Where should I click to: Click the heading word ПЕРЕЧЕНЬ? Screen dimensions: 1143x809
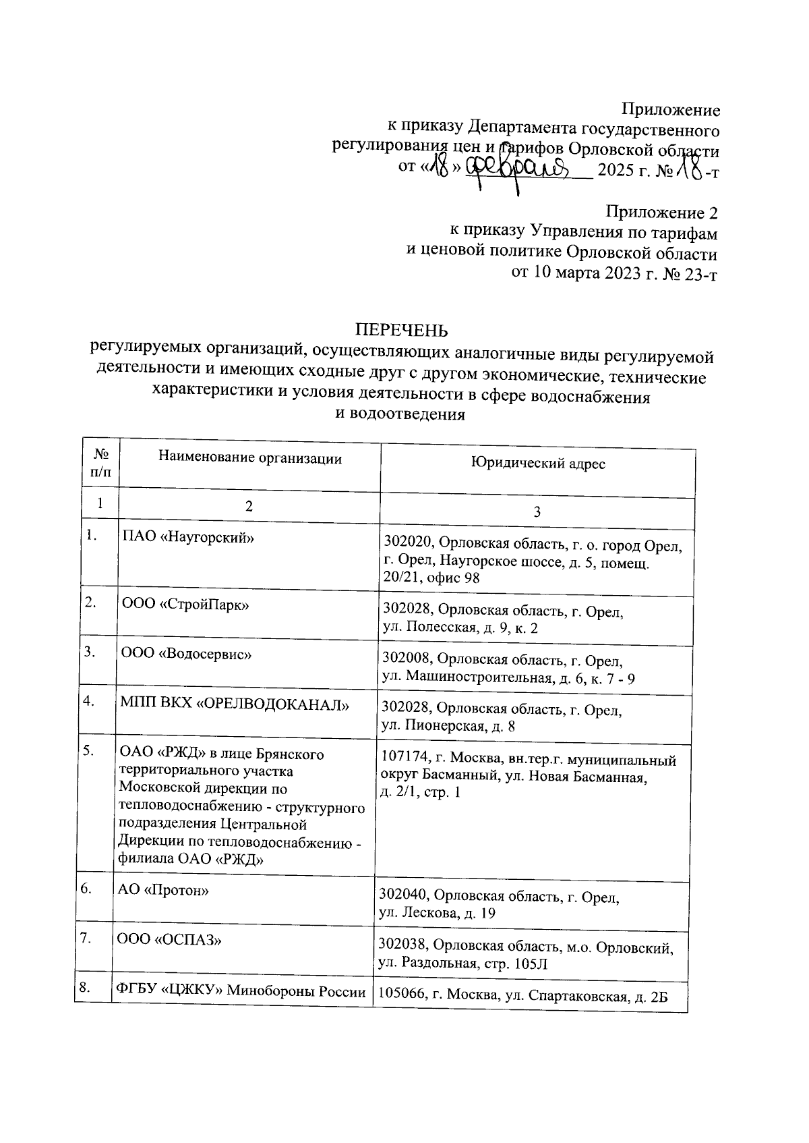click(401, 330)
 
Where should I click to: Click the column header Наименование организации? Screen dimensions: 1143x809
click(250, 459)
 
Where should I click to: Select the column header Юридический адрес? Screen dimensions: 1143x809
click(537, 464)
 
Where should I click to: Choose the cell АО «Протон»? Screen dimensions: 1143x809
click(163, 890)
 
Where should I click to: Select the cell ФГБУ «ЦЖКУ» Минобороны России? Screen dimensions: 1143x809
click(241, 991)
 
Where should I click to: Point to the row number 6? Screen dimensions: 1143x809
click(86, 889)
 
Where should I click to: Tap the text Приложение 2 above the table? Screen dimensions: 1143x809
click(662, 213)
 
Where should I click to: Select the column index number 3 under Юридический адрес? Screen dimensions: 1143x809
click(537, 512)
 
